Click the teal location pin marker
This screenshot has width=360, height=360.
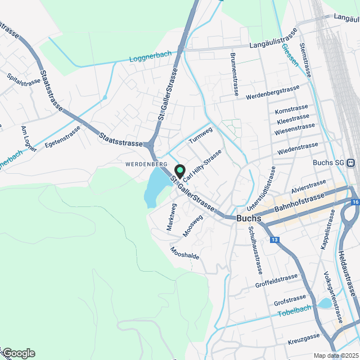180,170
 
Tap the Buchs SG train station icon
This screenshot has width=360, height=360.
351,163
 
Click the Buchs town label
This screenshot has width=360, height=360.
249,218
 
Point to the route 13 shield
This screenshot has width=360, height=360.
274,240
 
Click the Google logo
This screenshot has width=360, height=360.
19,353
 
